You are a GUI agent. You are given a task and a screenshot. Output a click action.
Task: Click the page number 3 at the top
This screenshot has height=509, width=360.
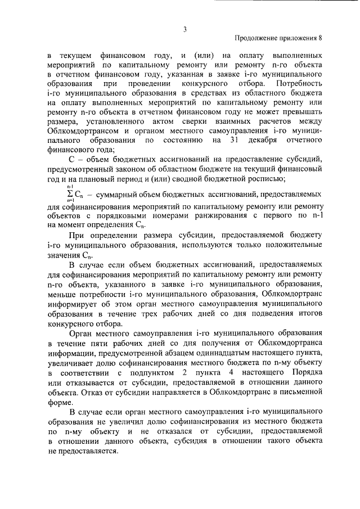(184, 30)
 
